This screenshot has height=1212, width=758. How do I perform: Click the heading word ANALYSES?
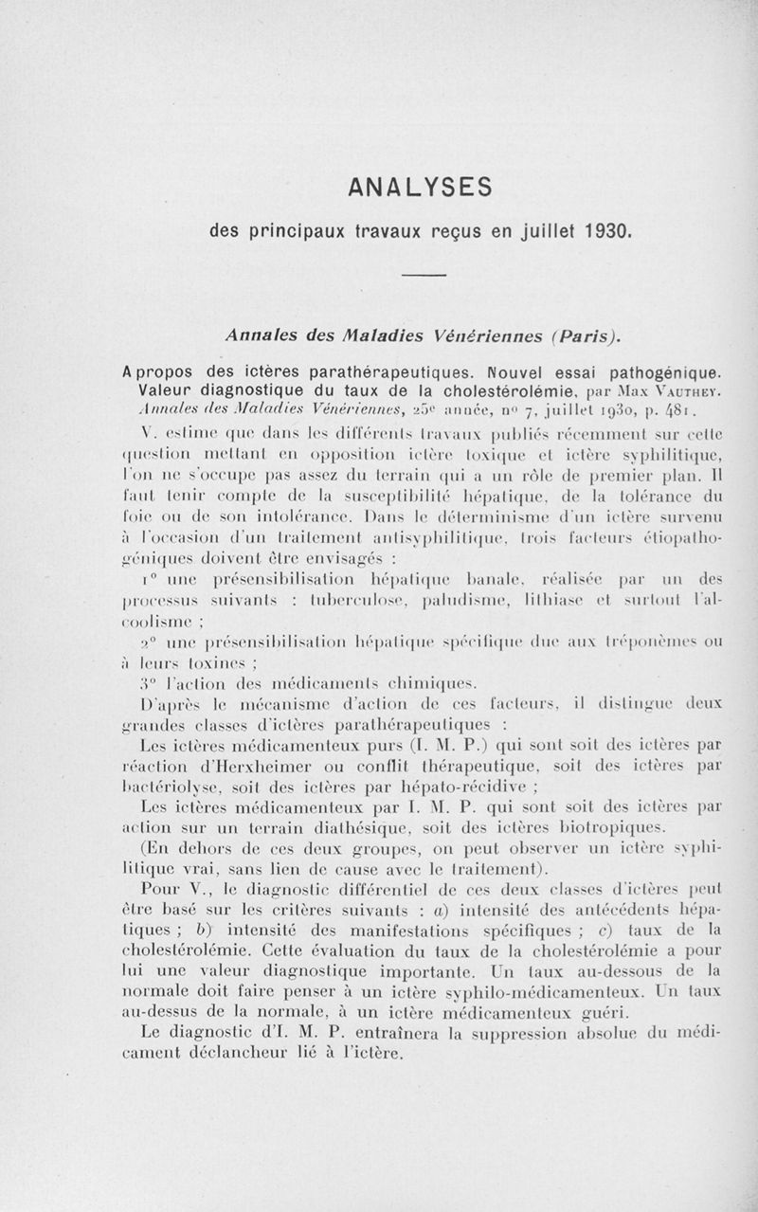[420, 187]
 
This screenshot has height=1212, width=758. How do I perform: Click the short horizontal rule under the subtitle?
[424, 275]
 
